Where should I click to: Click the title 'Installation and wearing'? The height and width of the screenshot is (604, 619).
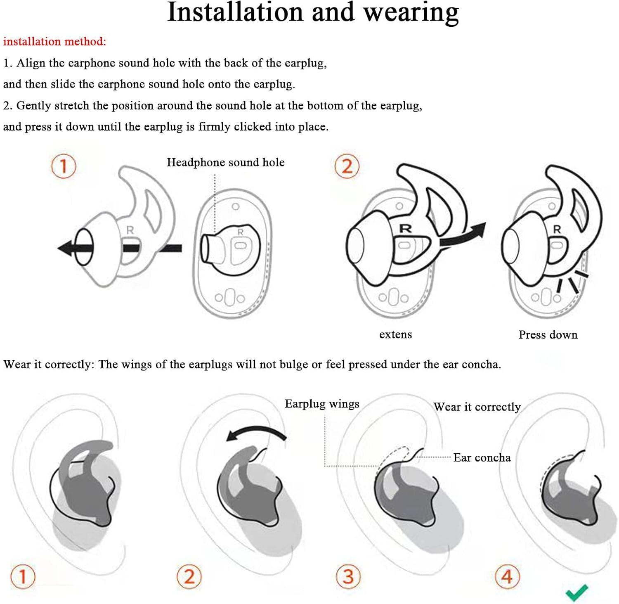point(313,12)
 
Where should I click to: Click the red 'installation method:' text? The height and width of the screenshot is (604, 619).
point(54,41)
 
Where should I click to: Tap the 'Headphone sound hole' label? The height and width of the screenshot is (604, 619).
point(226,162)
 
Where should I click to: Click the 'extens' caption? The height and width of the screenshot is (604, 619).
point(395,334)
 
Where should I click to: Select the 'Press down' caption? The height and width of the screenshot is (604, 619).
point(548,334)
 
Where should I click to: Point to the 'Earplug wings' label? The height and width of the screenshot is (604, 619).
point(322,404)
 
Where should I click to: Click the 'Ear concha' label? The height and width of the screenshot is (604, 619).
point(482,457)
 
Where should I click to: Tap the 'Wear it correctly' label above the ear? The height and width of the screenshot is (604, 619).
point(477,407)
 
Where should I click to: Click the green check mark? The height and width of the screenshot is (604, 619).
point(576,592)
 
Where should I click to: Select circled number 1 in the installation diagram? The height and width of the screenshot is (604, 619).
point(64,166)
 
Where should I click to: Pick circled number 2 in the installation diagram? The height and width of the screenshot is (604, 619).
point(347,166)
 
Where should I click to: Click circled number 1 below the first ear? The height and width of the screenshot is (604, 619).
point(23,576)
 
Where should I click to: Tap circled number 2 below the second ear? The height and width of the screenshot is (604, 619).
point(189,576)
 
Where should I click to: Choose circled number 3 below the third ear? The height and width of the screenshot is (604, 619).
point(348,576)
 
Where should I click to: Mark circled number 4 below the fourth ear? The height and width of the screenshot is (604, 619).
point(507,576)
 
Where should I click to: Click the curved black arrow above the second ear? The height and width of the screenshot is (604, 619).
point(256,429)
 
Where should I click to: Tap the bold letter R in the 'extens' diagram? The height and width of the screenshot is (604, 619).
point(405,228)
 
